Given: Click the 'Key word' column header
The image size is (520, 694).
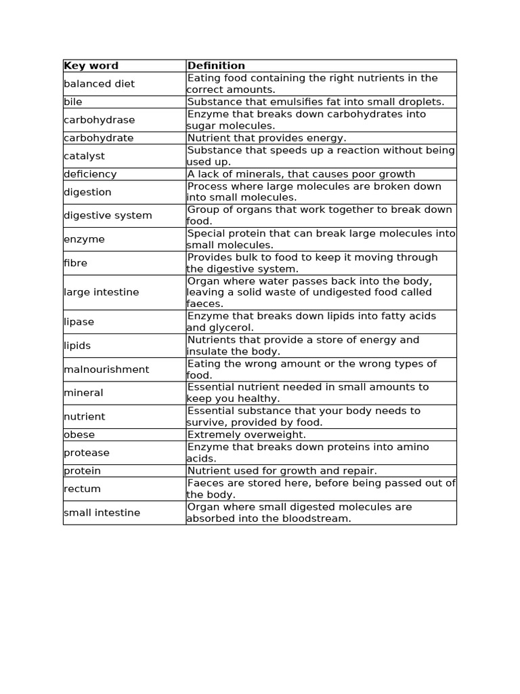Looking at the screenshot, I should point(91,66).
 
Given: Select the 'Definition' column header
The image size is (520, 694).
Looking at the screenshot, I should point(216,66).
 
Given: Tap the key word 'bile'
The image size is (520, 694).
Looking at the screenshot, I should point(72,102).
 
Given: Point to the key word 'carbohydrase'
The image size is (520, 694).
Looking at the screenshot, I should point(99,120).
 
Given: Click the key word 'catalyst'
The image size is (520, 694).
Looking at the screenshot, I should point(84,156).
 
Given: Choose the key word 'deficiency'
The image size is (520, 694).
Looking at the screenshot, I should point(90,174).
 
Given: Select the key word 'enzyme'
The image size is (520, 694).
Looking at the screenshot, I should point(84,239).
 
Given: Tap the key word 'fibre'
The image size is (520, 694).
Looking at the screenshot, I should point(75,263).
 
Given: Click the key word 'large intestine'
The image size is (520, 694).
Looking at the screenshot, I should point(101,292).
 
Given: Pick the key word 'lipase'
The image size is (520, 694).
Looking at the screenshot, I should point(79,322).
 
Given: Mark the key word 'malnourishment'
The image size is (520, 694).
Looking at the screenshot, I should point(106,369).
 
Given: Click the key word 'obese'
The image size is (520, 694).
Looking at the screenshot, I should point(79,434).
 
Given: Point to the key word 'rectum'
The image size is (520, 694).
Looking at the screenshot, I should point(82,489).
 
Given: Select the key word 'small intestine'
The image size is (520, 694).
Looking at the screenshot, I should point(102,512).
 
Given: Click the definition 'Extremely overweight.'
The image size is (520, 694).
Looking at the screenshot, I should point(246,434).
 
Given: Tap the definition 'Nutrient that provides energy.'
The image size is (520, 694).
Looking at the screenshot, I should point(267,138).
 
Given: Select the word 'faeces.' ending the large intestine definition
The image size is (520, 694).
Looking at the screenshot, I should point(204,304).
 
